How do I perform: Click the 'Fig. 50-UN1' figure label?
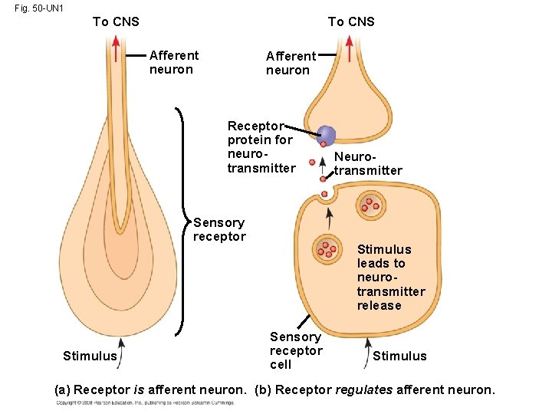tap(38, 8)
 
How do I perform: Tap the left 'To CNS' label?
tap(116, 21)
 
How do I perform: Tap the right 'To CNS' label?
tap(351, 21)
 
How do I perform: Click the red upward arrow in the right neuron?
tap(350, 50)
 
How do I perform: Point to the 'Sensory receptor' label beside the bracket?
tap(219, 229)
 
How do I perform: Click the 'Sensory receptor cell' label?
tap(296, 350)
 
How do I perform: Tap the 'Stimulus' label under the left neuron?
tap(90, 356)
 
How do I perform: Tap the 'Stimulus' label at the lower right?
tap(399, 356)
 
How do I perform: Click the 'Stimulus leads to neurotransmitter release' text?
tap(390, 277)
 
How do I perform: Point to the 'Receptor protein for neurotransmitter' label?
tap(261, 146)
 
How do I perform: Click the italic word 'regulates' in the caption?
tap(363, 390)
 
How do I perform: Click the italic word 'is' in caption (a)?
tap(139, 390)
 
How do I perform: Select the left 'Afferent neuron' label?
tap(174, 62)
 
